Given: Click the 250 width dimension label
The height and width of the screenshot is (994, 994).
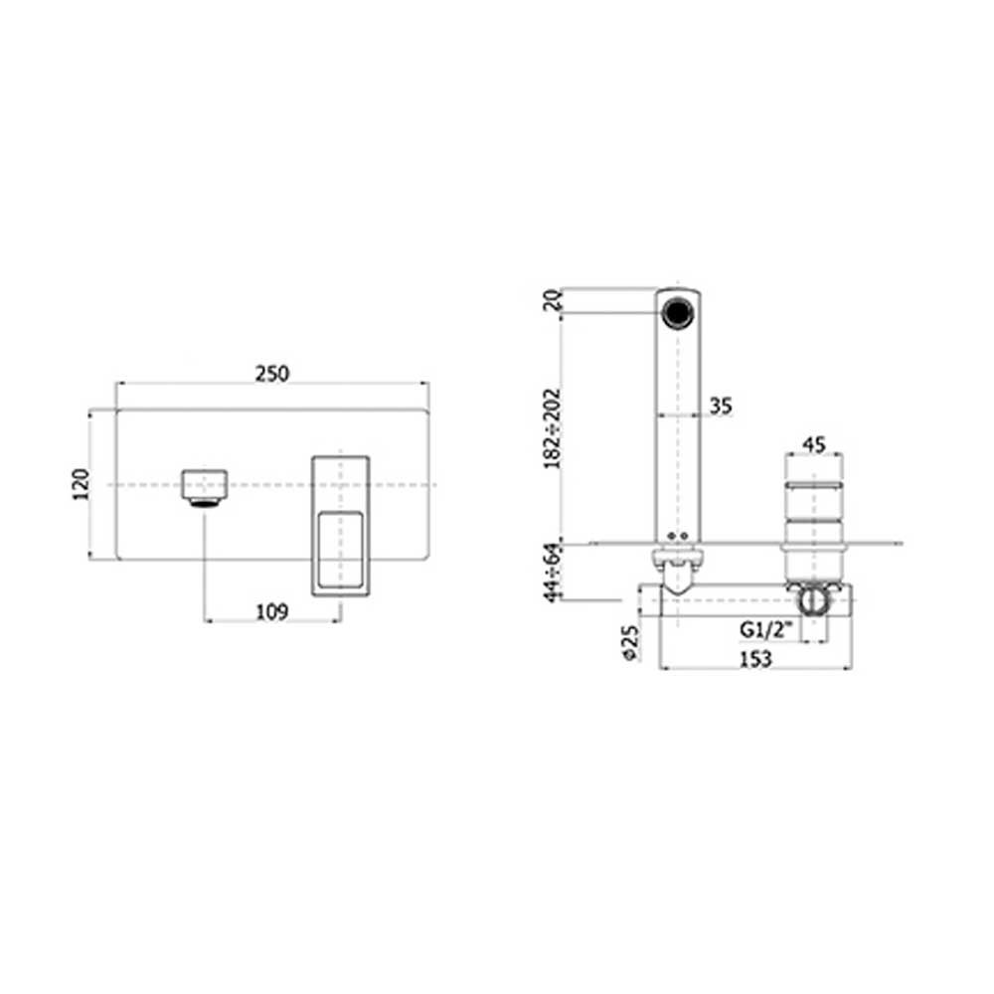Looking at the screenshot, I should click(x=271, y=374).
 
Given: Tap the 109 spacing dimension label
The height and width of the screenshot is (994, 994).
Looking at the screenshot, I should click(x=271, y=612).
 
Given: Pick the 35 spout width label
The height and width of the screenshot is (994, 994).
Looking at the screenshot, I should click(x=721, y=406).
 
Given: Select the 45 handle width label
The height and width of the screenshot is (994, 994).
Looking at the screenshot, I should click(x=814, y=444).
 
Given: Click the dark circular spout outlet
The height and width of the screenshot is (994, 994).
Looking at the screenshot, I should click(x=678, y=309).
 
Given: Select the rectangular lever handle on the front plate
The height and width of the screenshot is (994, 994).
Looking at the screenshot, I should click(x=341, y=527).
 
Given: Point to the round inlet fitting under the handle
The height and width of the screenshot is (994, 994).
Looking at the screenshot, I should click(x=813, y=600).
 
